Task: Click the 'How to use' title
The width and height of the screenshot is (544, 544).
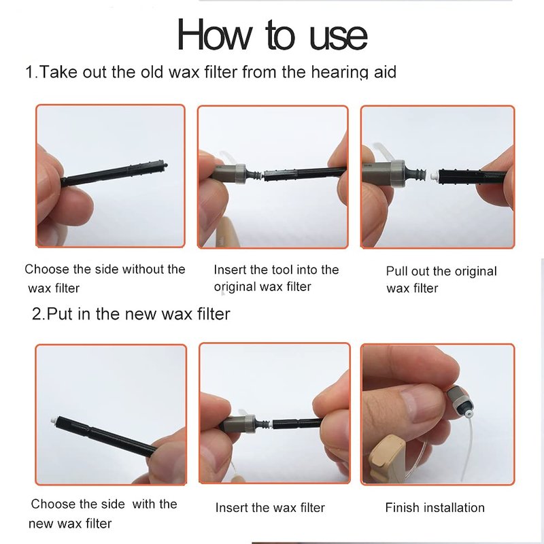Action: click(x=273, y=35)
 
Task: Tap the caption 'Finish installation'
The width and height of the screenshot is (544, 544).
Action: click(x=435, y=507)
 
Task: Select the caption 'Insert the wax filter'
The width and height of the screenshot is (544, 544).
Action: click(x=270, y=507)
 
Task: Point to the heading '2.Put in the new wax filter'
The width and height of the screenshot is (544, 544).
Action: click(x=131, y=314)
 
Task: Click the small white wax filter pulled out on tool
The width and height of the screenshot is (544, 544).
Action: click(x=434, y=176)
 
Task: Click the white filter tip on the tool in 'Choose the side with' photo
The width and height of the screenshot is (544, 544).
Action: click(x=53, y=420)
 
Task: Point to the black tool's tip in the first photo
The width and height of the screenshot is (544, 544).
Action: click(x=165, y=165)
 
